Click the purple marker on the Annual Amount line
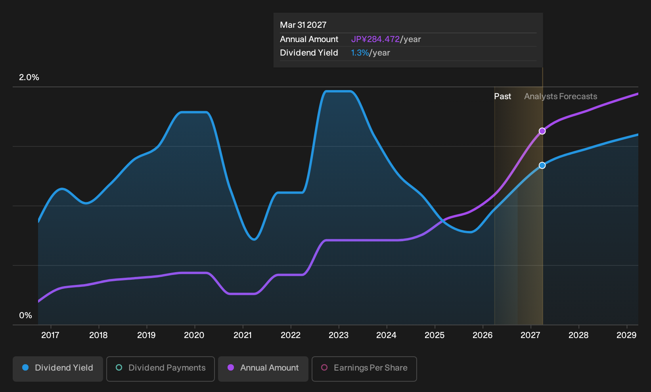tap(542, 131)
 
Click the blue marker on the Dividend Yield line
tap(542, 165)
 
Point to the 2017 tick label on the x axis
tap(50, 335)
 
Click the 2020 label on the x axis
tap(194, 335)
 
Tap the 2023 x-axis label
tap(339, 335)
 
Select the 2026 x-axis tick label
tap(483, 335)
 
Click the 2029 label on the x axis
tap(626, 335)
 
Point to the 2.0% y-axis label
tap(29, 77)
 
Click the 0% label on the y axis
tap(26, 315)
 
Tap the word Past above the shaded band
tap(502, 96)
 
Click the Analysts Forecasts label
tap(561, 96)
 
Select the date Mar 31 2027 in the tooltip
tap(303, 25)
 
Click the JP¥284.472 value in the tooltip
tap(375, 39)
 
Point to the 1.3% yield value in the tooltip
tap(360, 53)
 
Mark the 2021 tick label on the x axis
tap(243, 335)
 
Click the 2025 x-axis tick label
tap(435, 335)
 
